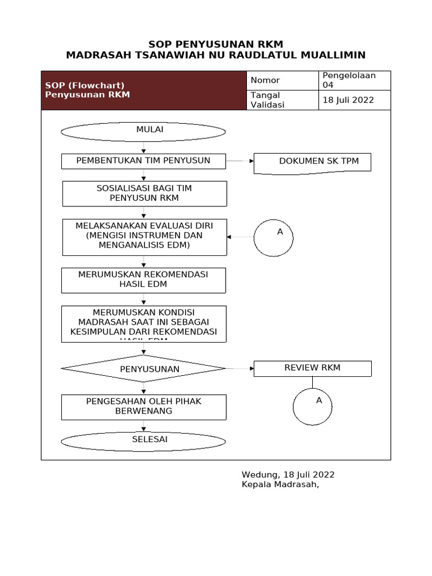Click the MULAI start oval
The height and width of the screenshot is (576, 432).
click(143, 132)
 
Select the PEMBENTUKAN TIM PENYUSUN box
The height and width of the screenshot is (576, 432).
click(143, 161)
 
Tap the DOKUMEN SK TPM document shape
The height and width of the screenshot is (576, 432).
click(313, 163)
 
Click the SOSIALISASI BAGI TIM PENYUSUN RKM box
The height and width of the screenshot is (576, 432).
click(145, 193)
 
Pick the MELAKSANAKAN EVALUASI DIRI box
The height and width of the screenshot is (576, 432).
click(145, 237)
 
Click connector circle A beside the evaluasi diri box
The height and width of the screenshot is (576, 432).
click(273, 238)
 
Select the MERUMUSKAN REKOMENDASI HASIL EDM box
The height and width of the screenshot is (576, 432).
click(143, 280)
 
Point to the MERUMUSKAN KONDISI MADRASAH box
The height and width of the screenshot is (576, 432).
click(143, 323)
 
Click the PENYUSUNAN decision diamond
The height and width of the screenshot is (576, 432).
click(143, 369)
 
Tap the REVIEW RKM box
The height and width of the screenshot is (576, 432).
click(313, 368)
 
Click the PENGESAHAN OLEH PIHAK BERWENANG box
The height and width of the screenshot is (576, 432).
click(143, 407)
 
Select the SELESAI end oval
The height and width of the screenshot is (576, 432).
click(143, 441)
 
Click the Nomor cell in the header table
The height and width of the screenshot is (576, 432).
click(283, 80)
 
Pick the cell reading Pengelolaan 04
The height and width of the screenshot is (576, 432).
click(354, 80)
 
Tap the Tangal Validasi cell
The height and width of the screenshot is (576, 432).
click(283, 100)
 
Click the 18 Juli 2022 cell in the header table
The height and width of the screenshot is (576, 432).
click(354, 100)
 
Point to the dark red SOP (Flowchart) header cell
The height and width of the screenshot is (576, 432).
click(144, 91)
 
